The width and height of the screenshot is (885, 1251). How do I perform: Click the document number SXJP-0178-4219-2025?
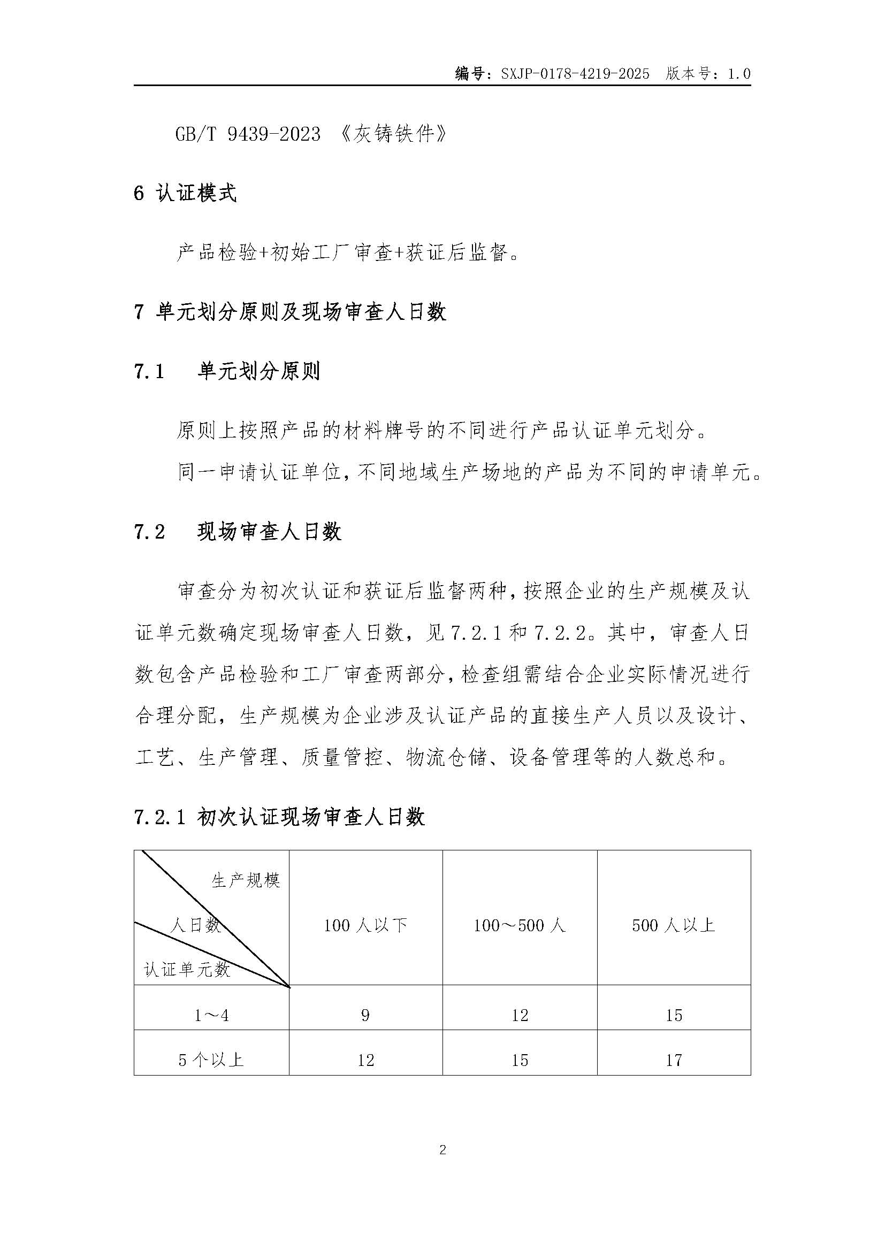tap(575, 74)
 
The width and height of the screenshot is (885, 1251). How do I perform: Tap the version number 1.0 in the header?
tap(739, 74)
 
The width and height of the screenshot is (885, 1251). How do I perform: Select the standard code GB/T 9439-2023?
tap(248, 134)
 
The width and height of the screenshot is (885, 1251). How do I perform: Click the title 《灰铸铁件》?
tap(393, 134)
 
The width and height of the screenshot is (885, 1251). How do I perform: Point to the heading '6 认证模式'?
tap(185, 194)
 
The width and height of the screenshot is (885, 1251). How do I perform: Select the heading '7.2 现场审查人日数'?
tap(238, 532)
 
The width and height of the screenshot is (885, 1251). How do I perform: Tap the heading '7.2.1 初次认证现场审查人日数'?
tap(279, 817)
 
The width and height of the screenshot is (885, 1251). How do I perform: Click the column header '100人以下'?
tap(365, 925)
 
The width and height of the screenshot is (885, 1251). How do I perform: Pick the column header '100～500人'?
tap(520, 925)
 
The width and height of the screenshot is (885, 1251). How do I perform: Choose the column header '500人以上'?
tap(674, 925)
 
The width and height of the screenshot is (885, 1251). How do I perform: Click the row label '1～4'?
tap(211, 1015)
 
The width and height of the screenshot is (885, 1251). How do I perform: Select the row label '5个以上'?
tap(211, 1060)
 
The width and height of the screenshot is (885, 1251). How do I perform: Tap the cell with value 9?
tap(365, 1015)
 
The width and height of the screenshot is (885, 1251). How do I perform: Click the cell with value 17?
tap(674, 1060)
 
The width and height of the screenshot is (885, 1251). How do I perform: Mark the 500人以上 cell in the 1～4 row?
tap(674, 1015)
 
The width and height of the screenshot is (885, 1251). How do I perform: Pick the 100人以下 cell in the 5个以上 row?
tap(365, 1060)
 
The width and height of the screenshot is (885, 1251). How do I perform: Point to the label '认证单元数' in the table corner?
tap(187, 970)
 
